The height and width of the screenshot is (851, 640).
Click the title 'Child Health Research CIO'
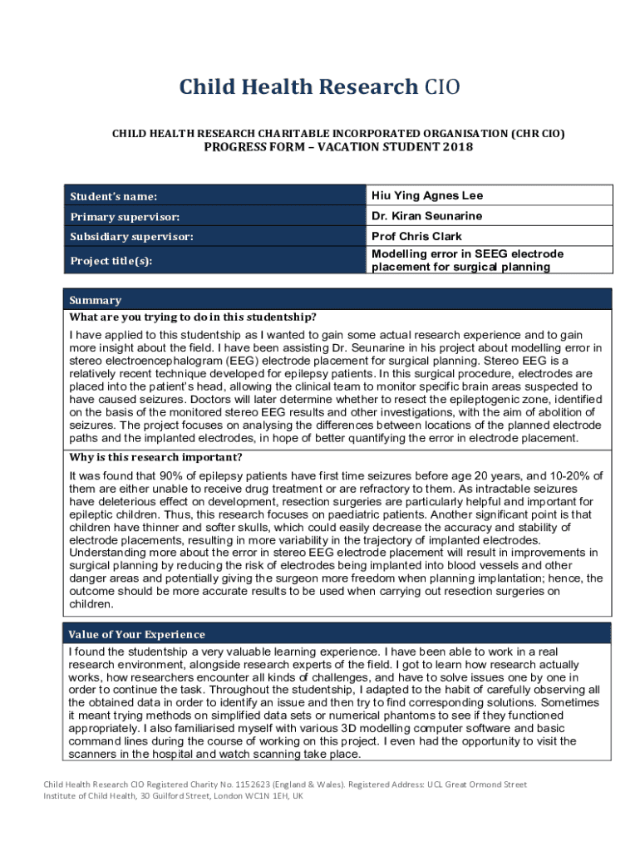320,87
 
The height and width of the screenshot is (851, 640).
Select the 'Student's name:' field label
113,197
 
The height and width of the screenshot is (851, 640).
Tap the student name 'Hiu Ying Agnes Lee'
427,196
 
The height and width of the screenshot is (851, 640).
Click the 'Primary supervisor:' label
125,217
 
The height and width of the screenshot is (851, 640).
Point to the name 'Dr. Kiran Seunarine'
426,216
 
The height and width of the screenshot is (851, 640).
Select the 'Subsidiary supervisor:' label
132,237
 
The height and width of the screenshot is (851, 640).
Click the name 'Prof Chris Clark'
416,236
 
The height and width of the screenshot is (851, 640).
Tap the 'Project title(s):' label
116,261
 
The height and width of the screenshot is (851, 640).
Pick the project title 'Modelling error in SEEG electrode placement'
467,260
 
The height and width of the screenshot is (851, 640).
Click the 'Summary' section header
95,300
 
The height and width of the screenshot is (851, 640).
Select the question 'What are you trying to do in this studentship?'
193,317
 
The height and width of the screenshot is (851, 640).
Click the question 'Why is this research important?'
156,458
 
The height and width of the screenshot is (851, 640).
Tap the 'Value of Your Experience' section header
137,634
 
